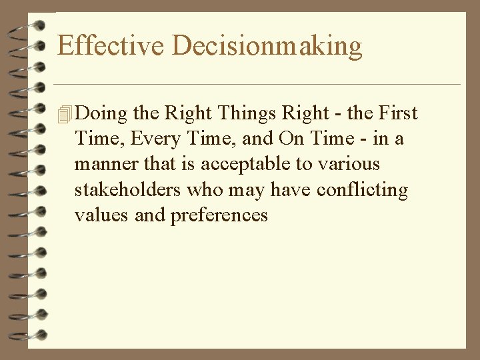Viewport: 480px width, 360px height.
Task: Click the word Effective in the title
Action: pos(111,45)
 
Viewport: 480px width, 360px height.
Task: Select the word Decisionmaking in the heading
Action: pos(267,47)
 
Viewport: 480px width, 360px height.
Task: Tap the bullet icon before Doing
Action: pos(64,115)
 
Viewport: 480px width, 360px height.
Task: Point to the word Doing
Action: pos(101,114)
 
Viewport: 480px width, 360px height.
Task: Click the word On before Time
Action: pos(291,139)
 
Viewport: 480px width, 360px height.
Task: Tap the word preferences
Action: pos(219,216)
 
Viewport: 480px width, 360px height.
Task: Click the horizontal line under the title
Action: pos(257,85)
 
